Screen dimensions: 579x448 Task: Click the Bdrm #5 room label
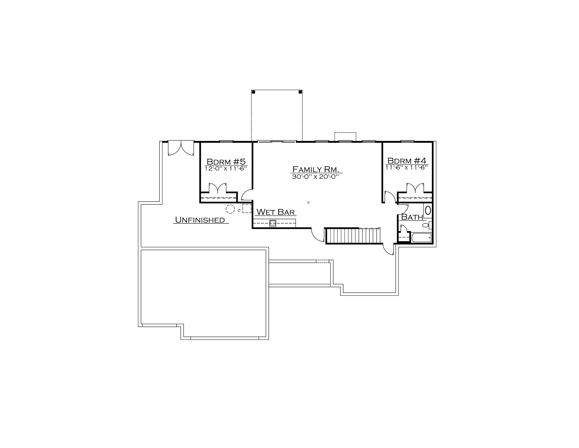point(226,161)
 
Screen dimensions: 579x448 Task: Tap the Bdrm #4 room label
point(407,161)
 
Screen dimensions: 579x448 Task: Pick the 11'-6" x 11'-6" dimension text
point(407,168)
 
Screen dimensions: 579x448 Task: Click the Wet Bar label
point(276,212)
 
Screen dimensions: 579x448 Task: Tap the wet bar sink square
point(273,223)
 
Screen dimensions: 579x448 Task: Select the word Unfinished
point(200,220)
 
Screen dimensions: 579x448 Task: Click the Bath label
point(412,217)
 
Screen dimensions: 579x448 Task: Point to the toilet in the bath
point(426,225)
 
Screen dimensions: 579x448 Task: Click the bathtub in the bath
point(421,238)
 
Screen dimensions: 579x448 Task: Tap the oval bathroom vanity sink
point(428,210)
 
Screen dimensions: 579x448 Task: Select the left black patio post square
point(254,92)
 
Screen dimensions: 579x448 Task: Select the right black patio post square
point(300,92)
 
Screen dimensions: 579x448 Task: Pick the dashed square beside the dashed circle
point(247,209)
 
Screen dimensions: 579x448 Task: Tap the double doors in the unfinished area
point(181,148)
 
